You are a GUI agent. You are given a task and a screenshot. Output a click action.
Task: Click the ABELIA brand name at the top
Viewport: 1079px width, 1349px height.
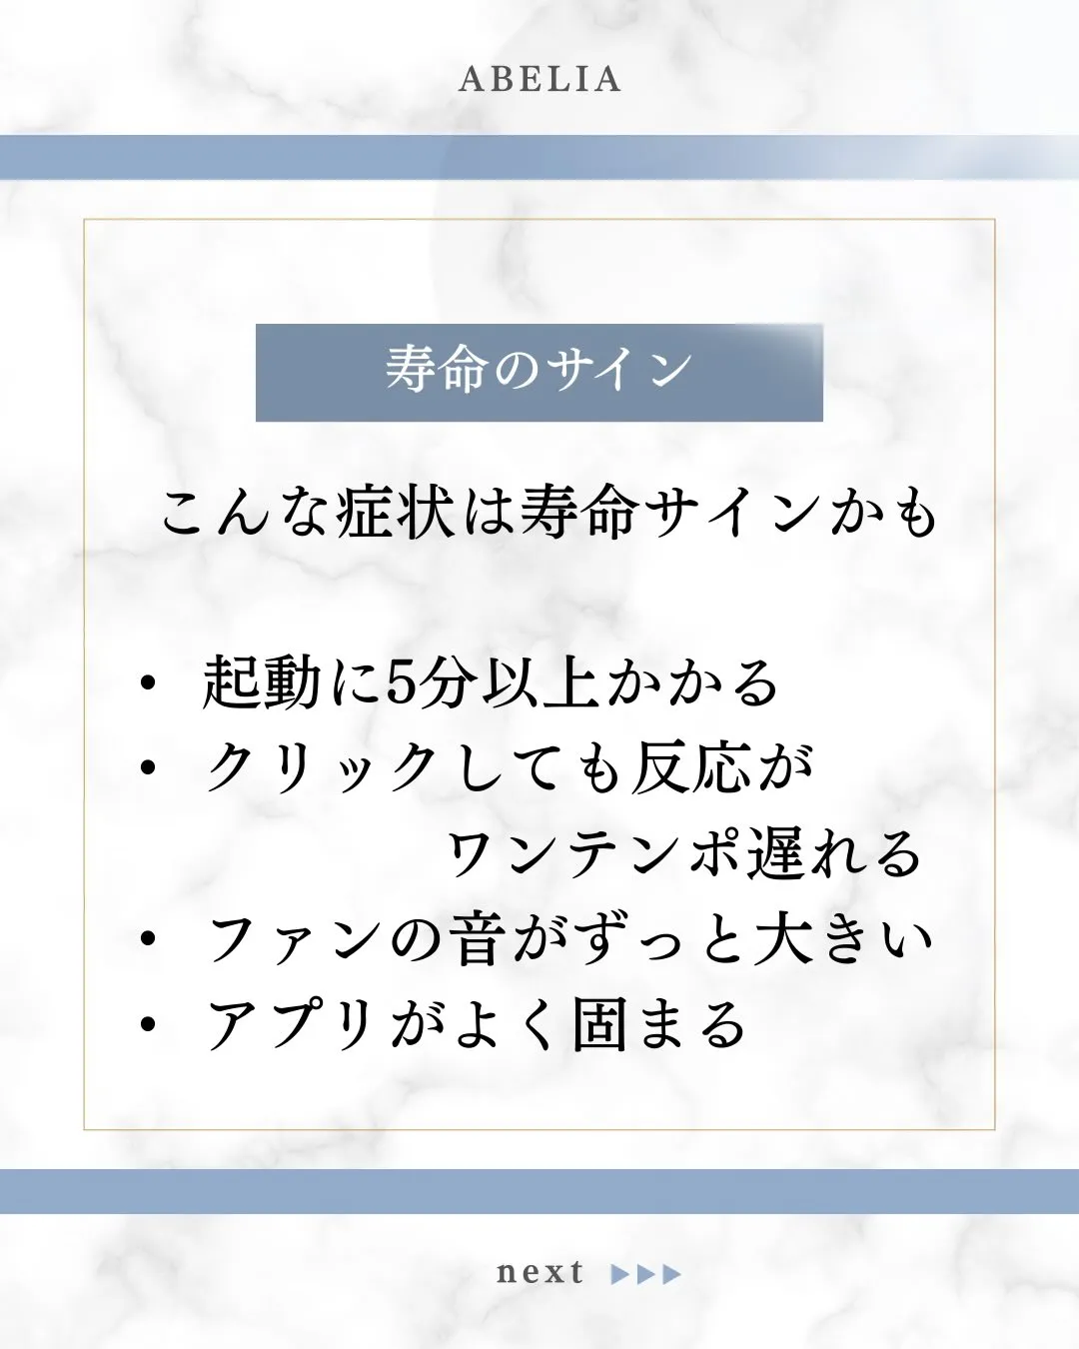[x=539, y=80]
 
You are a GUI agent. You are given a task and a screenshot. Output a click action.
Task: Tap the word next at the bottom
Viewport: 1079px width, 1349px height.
[x=539, y=1272]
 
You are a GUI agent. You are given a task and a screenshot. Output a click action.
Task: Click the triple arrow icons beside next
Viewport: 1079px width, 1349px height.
[x=646, y=1274]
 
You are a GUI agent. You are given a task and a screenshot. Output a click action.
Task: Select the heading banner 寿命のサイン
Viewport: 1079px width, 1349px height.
[x=539, y=372]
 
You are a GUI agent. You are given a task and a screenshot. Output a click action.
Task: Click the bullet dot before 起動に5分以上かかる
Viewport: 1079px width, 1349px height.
[x=149, y=684]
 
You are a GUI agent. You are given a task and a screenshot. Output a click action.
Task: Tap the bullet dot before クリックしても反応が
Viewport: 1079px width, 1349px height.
[x=149, y=768]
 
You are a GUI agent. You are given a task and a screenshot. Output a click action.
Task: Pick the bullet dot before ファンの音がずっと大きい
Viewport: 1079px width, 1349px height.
[x=149, y=940]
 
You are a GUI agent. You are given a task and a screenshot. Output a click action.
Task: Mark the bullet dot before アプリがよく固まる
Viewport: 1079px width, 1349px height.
[x=149, y=1024]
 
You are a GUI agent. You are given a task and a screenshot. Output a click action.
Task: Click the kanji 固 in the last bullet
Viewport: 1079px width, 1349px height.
[x=600, y=1025]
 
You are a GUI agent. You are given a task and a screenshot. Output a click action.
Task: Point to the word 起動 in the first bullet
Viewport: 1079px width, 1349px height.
[x=262, y=684]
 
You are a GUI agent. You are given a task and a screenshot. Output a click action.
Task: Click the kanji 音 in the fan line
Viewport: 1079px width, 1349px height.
[x=474, y=940]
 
